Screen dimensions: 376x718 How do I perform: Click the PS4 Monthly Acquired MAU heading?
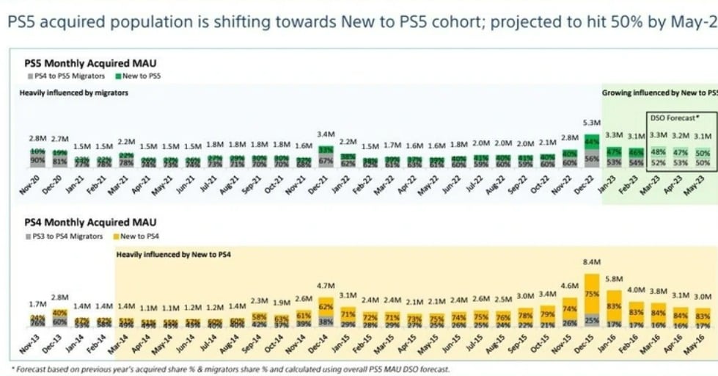click(x=90, y=223)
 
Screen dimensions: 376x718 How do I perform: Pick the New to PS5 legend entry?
click(x=139, y=76)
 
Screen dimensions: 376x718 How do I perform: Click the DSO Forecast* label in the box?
click(x=673, y=117)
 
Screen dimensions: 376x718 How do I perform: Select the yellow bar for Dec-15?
click(x=590, y=294)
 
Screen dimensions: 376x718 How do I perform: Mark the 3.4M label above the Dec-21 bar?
click(x=323, y=134)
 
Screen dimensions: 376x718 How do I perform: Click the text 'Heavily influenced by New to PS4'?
click(x=173, y=254)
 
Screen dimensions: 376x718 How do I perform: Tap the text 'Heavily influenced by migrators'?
click(x=73, y=93)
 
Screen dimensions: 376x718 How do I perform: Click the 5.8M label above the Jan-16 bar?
click(x=614, y=280)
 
